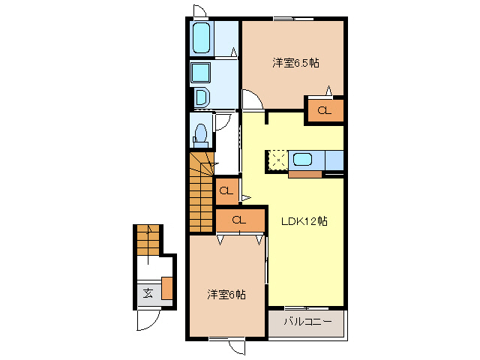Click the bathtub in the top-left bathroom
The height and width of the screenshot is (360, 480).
201,38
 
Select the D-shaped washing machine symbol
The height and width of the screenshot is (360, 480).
201,97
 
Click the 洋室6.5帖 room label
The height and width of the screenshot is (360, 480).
295,64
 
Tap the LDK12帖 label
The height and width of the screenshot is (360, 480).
303,221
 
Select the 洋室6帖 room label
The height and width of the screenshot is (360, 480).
226,295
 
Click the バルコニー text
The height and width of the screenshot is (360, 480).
307,323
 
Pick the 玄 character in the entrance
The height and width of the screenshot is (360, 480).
148,292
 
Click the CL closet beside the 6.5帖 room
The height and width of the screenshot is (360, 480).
324,111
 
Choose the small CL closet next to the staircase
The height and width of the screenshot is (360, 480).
226,191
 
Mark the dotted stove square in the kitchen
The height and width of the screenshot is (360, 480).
277,160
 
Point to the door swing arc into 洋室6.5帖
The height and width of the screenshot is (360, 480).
251,99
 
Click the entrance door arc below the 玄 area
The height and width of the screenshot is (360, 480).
148,320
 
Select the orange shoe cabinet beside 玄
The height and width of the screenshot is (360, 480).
166,288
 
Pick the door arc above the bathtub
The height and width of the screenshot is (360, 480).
199,10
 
